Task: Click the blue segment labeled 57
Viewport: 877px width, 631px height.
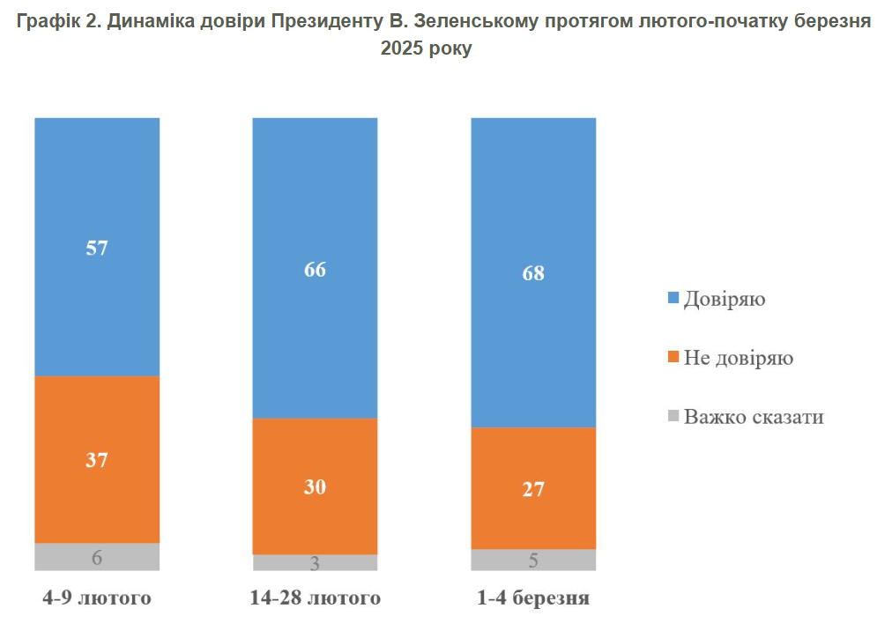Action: [x=97, y=247]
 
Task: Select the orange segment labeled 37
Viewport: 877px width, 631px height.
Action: [x=97, y=459]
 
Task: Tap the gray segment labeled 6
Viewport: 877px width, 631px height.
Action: [x=97, y=557]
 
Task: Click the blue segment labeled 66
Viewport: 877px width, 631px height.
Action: [x=315, y=268]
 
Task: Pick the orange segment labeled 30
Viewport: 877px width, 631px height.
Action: [x=315, y=486]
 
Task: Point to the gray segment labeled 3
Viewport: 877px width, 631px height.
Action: [x=315, y=563]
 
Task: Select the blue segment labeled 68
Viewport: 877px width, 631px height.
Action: [x=533, y=272]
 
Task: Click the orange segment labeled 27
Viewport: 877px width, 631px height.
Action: [x=533, y=488]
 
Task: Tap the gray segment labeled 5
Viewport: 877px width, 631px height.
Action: [x=533, y=560]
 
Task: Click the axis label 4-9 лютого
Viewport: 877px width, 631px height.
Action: [x=97, y=598]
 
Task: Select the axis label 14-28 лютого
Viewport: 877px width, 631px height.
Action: [x=315, y=598]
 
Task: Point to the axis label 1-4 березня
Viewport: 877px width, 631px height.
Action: [x=533, y=598]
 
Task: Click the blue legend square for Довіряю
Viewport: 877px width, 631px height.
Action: [x=674, y=299]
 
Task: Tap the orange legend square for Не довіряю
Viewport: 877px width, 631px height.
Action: [x=674, y=358]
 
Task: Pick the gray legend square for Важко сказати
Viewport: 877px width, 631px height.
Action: [x=674, y=416]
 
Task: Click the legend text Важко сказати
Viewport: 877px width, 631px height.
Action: [x=754, y=416]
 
